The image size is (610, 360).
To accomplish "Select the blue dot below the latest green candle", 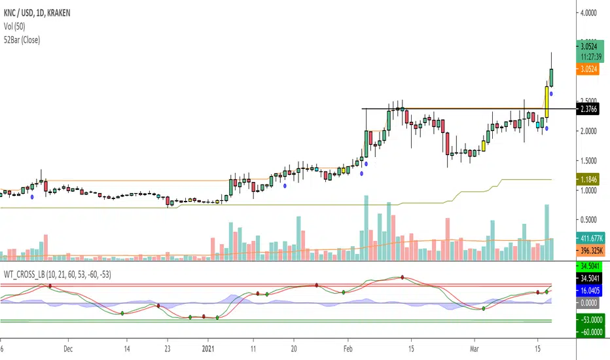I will (552, 94).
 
